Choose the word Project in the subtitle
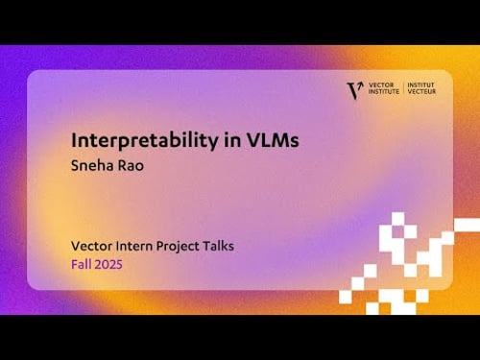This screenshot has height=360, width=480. coord(181,246)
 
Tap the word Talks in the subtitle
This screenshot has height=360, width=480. coord(221,246)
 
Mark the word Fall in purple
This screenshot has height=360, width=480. coord(82,264)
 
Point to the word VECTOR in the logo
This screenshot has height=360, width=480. coord(381,85)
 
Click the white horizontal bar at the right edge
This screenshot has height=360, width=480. coord(467,224)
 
